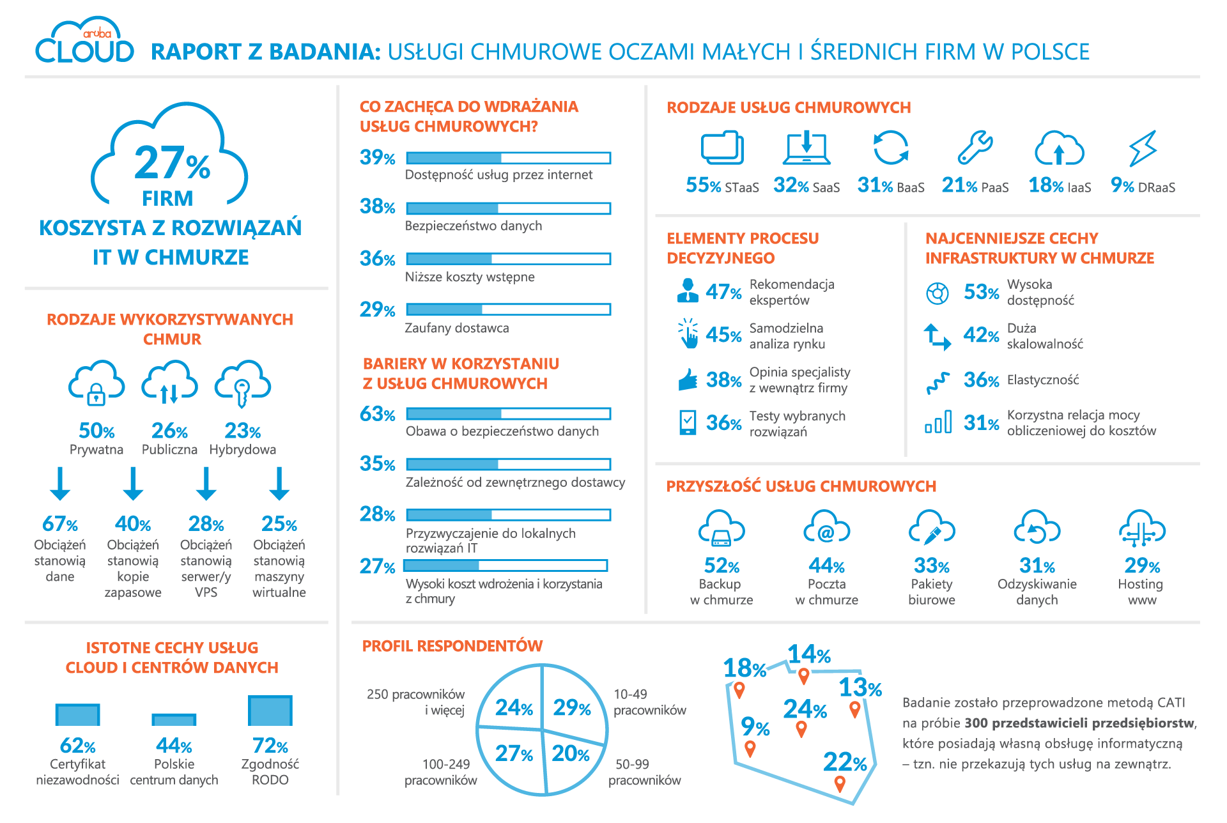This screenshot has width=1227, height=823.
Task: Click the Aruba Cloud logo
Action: tap(84, 42)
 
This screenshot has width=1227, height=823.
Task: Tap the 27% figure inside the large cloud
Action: tap(171, 163)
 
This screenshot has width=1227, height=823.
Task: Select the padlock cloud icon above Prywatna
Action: tap(96, 383)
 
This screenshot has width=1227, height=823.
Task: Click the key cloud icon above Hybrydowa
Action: tap(242, 383)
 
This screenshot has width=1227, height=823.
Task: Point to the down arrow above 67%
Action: tap(60, 484)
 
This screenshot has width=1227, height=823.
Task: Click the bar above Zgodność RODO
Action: tap(270, 711)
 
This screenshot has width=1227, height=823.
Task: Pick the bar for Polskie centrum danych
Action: tap(174, 720)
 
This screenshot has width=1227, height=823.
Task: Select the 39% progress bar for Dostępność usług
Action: tap(508, 158)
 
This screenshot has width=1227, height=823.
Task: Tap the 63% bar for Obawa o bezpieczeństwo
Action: tap(508, 414)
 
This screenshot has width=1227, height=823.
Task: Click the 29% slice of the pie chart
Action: tap(572, 707)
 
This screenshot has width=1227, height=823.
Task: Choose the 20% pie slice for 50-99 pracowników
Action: tap(570, 754)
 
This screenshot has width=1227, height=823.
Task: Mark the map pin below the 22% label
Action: tap(840, 783)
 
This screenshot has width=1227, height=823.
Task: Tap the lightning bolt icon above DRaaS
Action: tap(1143, 148)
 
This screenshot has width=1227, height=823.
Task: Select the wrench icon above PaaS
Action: tap(975, 148)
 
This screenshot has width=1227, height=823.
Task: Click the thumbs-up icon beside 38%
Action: tap(688, 380)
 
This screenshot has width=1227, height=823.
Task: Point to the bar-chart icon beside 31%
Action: tap(938, 422)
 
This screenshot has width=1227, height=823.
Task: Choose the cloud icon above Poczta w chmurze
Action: tap(826, 528)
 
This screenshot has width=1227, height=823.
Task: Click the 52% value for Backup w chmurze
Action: tap(722, 565)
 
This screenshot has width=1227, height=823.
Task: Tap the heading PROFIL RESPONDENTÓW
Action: tap(452, 646)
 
